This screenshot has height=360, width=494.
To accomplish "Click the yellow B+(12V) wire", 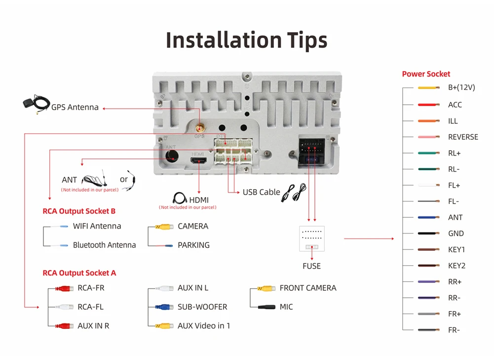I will [428, 88].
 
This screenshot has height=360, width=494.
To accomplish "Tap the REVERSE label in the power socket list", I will [463, 137].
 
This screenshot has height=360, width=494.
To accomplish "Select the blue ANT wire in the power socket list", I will [428, 217].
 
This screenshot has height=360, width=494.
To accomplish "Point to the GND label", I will [456, 234].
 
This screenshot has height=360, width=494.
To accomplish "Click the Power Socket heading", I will [426, 74].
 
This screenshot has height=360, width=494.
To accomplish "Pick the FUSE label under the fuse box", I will [311, 266].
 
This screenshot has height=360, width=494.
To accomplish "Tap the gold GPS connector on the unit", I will [199, 127].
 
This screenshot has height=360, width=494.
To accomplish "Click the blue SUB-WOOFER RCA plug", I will [164, 307].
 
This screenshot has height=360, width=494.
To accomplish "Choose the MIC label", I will [286, 307].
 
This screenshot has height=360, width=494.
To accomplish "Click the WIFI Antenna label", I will [97, 226].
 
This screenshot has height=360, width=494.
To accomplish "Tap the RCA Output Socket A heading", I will [79, 273].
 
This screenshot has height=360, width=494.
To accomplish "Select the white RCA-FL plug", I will [65, 307].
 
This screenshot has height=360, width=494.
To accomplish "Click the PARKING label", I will [193, 245].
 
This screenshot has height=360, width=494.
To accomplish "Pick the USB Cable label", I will [261, 192].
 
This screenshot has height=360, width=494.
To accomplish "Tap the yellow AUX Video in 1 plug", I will [164, 325].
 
